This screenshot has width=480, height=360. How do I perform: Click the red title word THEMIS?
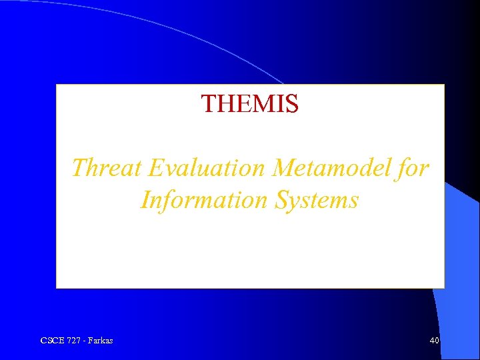point(250,103)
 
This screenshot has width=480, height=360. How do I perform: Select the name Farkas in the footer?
point(99,341)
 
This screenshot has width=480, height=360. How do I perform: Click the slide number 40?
point(434,341)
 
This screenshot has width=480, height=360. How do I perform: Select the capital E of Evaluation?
point(156,168)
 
